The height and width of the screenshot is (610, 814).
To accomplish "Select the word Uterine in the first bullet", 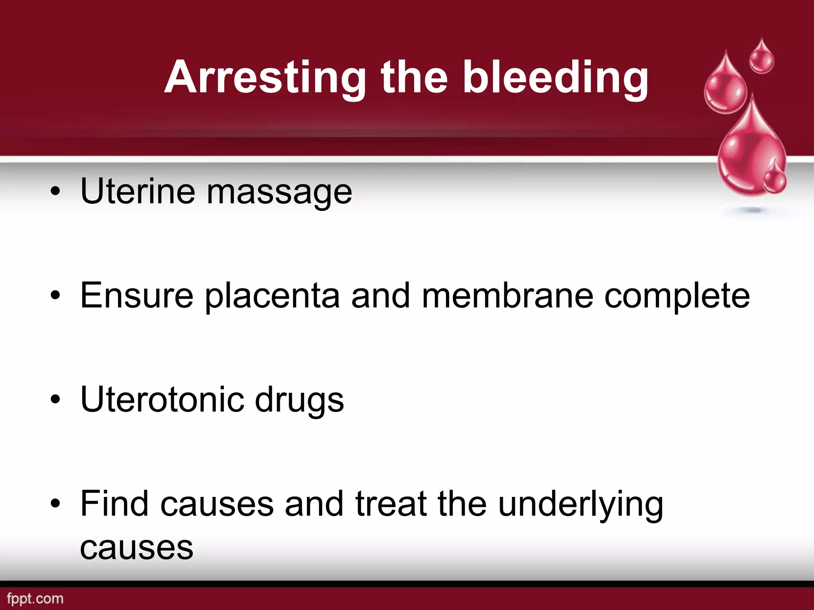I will tap(138, 191).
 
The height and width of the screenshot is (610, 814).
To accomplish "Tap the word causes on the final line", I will tap(137, 548).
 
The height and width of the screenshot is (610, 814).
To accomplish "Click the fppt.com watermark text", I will tap(35, 598).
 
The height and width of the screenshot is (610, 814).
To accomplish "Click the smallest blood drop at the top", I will tap(761, 58).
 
